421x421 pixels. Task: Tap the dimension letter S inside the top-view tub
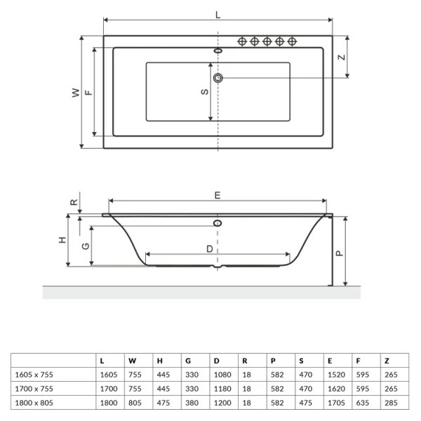204,91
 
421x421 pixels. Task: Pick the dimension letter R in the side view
74,201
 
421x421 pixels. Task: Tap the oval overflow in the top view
218,51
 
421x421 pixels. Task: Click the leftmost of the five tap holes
243,41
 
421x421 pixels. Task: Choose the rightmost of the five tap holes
292,41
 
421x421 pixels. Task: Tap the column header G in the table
188,360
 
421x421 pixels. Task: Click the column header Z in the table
387,360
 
